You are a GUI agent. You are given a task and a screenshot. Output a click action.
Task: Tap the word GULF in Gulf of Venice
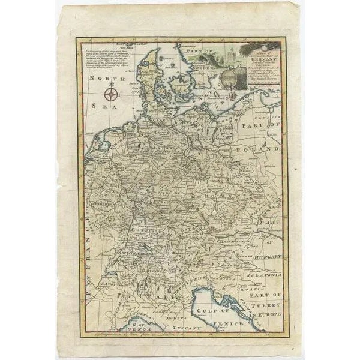[x=202, y=311]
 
